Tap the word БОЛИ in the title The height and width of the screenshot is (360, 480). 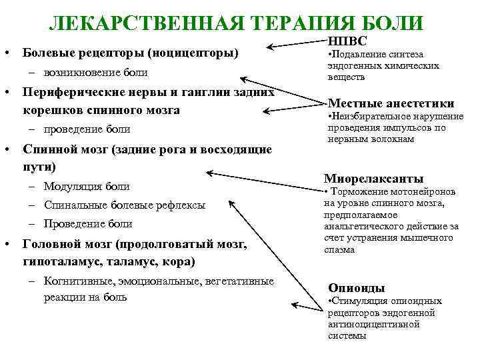tap(392, 22)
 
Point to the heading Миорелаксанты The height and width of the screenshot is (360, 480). tap(373, 179)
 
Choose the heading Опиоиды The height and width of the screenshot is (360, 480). tap(357, 288)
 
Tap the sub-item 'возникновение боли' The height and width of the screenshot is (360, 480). tap(96, 72)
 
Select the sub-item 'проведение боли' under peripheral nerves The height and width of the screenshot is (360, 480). tap(87, 129)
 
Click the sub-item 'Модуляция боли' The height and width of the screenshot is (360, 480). tap(87, 186)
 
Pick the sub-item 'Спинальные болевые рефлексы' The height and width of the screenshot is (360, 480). tap(125, 205)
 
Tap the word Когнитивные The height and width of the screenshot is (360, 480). tap(76, 281)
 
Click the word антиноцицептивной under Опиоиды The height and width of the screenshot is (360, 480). tap(373, 324)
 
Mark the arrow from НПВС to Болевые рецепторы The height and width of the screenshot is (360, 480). tap(297, 45)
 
